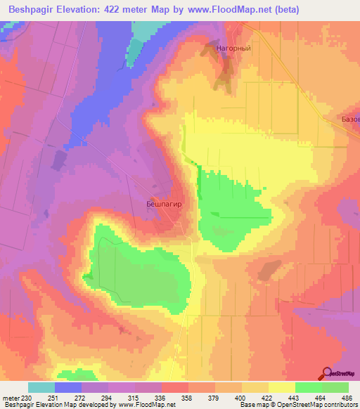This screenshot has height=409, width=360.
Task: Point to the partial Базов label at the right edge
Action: tap(350, 119)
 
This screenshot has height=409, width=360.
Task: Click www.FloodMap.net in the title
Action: tap(228, 10)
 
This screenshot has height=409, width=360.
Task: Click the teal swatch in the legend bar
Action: tap(41, 387)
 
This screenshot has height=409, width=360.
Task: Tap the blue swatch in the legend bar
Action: tap(68, 387)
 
